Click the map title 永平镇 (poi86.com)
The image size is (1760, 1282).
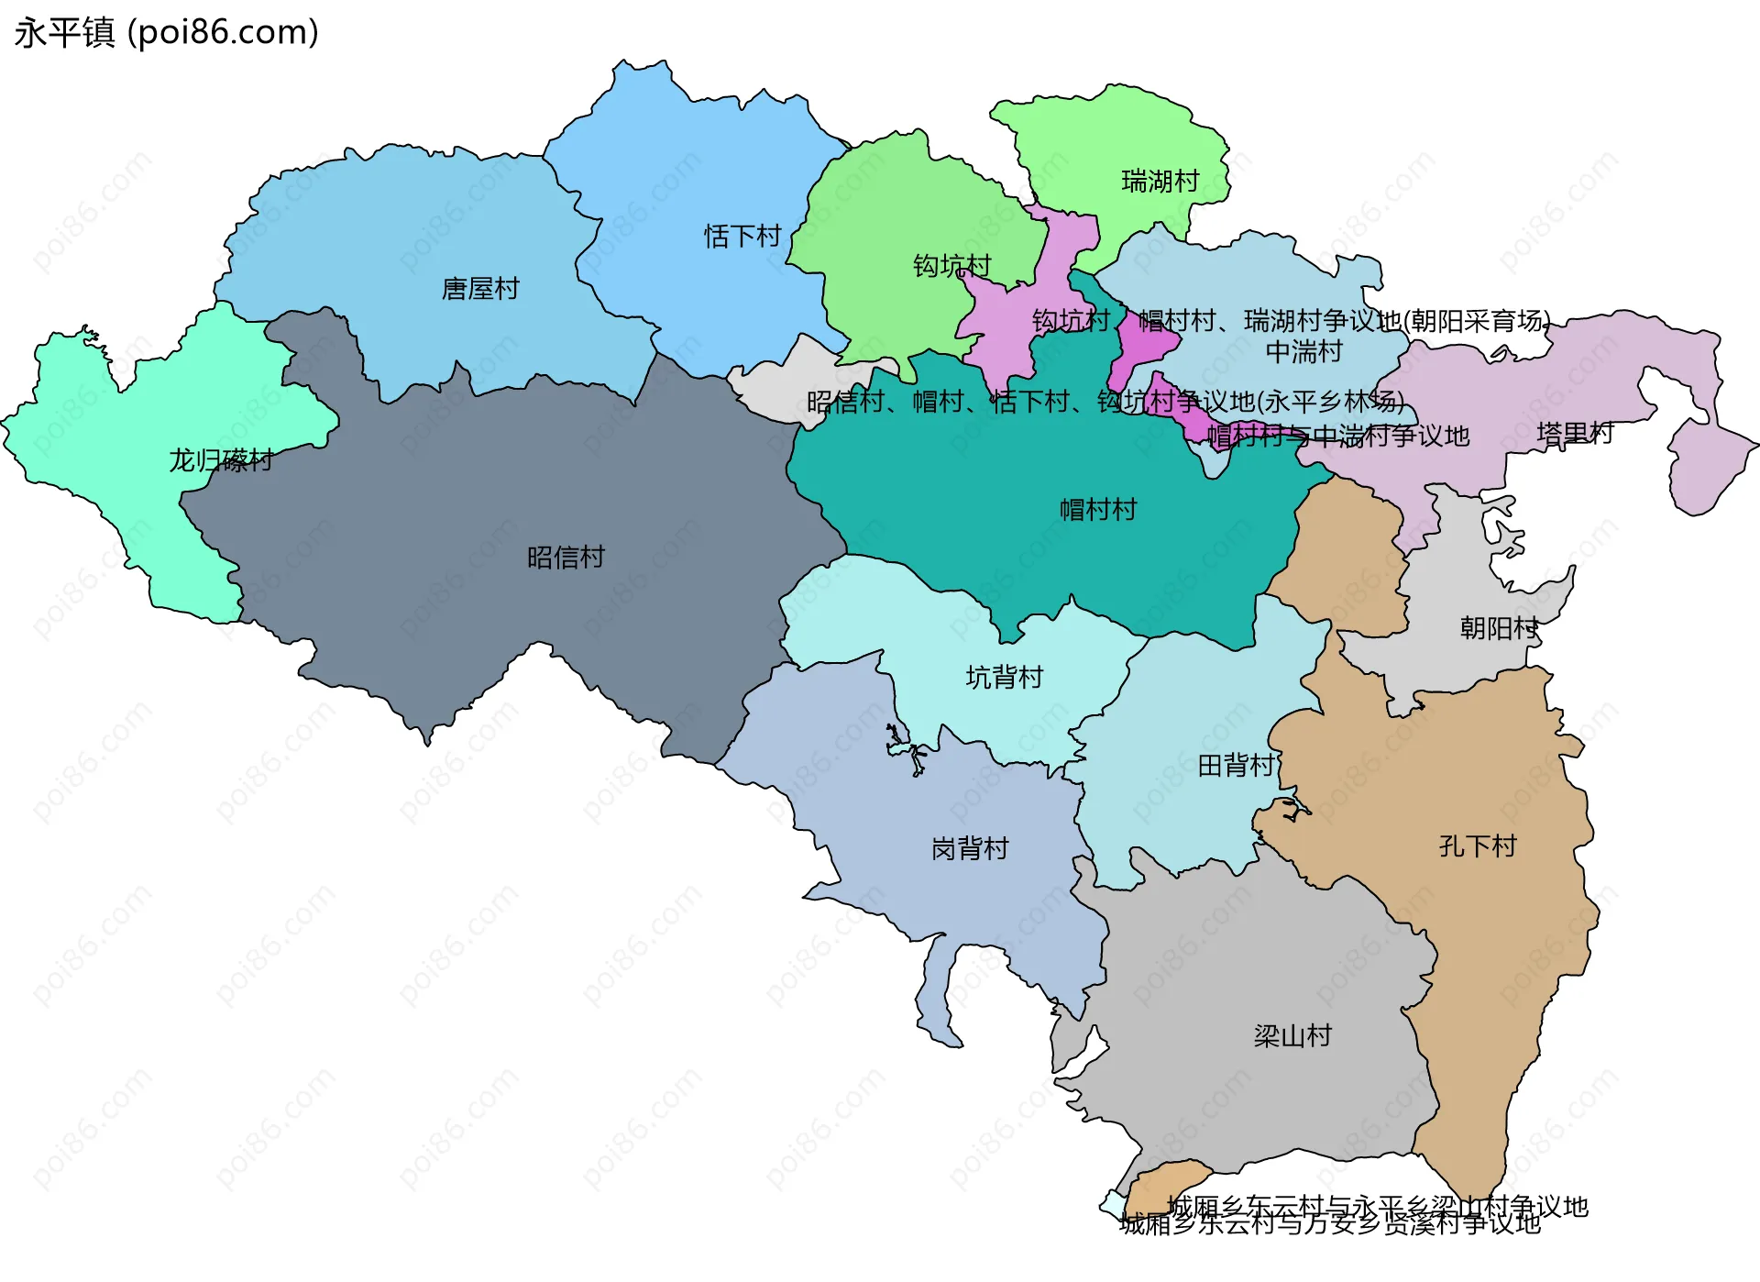click(167, 32)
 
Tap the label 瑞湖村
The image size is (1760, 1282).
click(1160, 182)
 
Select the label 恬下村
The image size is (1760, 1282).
click(742, 237)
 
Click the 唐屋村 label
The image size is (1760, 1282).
click(480, 289)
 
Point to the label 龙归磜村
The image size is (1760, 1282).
click(221, 460)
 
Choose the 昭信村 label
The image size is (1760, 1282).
click(566, 558)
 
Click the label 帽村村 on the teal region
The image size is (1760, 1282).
click(1098, 510)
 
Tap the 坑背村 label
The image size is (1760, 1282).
click(1004, 678)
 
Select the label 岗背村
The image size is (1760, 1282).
click(970, 849)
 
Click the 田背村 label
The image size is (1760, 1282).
click(1236, 766)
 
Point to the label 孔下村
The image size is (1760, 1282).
click(1478, 846)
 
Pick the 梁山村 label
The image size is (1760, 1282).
click(1292, 1036)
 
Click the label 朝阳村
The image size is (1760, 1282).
click(1499, 629)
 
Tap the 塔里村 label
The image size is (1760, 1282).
click(1575, 434)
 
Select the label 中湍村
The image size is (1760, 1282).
click(1303, 352)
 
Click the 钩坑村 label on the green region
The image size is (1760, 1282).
click(951, 266)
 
